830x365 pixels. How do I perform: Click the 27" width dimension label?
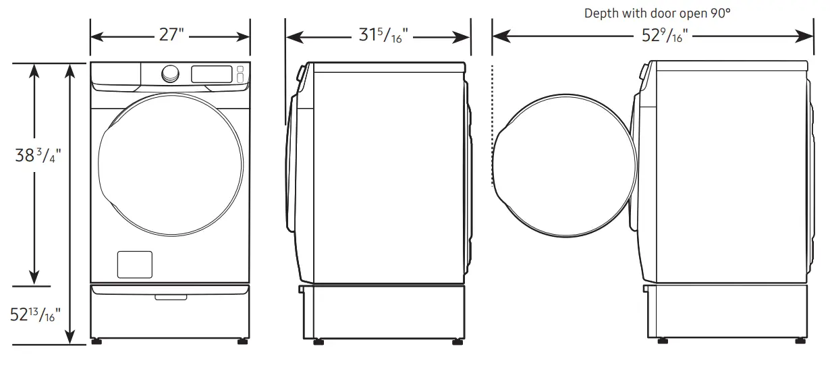171,35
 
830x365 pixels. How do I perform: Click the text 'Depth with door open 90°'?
657,13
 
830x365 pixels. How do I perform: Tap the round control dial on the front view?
171,74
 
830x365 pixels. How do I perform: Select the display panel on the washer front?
212,74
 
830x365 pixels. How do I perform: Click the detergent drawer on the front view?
115,74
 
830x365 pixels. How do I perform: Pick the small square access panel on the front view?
134,264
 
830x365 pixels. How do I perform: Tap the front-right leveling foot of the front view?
242,341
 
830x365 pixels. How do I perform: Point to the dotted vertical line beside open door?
493,125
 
